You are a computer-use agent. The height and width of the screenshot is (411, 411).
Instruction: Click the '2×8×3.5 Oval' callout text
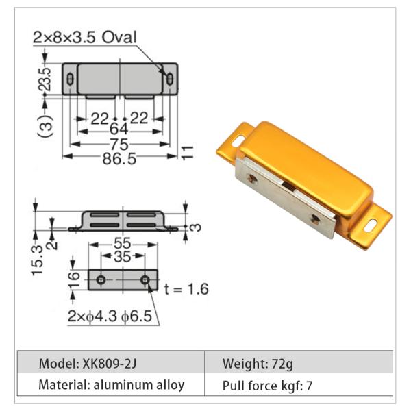(85, 37)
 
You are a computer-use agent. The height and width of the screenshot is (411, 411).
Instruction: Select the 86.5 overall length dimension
(118, 158)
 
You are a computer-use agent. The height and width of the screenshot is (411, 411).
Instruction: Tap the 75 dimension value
(119, 145)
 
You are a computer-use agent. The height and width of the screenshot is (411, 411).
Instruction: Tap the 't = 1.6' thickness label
(186, 288)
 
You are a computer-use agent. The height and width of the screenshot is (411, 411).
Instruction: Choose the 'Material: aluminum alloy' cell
(111, 385)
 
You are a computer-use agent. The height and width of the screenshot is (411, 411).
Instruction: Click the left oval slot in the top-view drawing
(71, 80)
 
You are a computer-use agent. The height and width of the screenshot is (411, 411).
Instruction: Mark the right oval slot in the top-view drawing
(169, 80)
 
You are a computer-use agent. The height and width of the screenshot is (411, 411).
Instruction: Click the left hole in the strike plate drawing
(101, 280)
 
